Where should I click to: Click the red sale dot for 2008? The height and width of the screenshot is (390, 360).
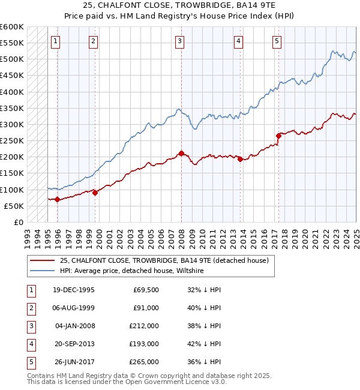tap(181, 153)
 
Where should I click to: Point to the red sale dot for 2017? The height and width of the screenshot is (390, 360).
tap(278, 136)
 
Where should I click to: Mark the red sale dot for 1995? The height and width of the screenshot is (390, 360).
tap(57, 199)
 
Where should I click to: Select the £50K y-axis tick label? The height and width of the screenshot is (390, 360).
tap(14, 206)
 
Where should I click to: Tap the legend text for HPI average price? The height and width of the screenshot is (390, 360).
tap(131, 271)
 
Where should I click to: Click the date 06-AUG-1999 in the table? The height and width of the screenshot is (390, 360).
tap(74, 308)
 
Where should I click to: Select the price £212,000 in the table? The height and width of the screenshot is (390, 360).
tap(144, 326)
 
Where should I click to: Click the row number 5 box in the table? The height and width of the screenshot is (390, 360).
tap(30, 362)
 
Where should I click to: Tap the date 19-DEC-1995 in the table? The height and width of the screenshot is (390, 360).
tap(74, 290)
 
